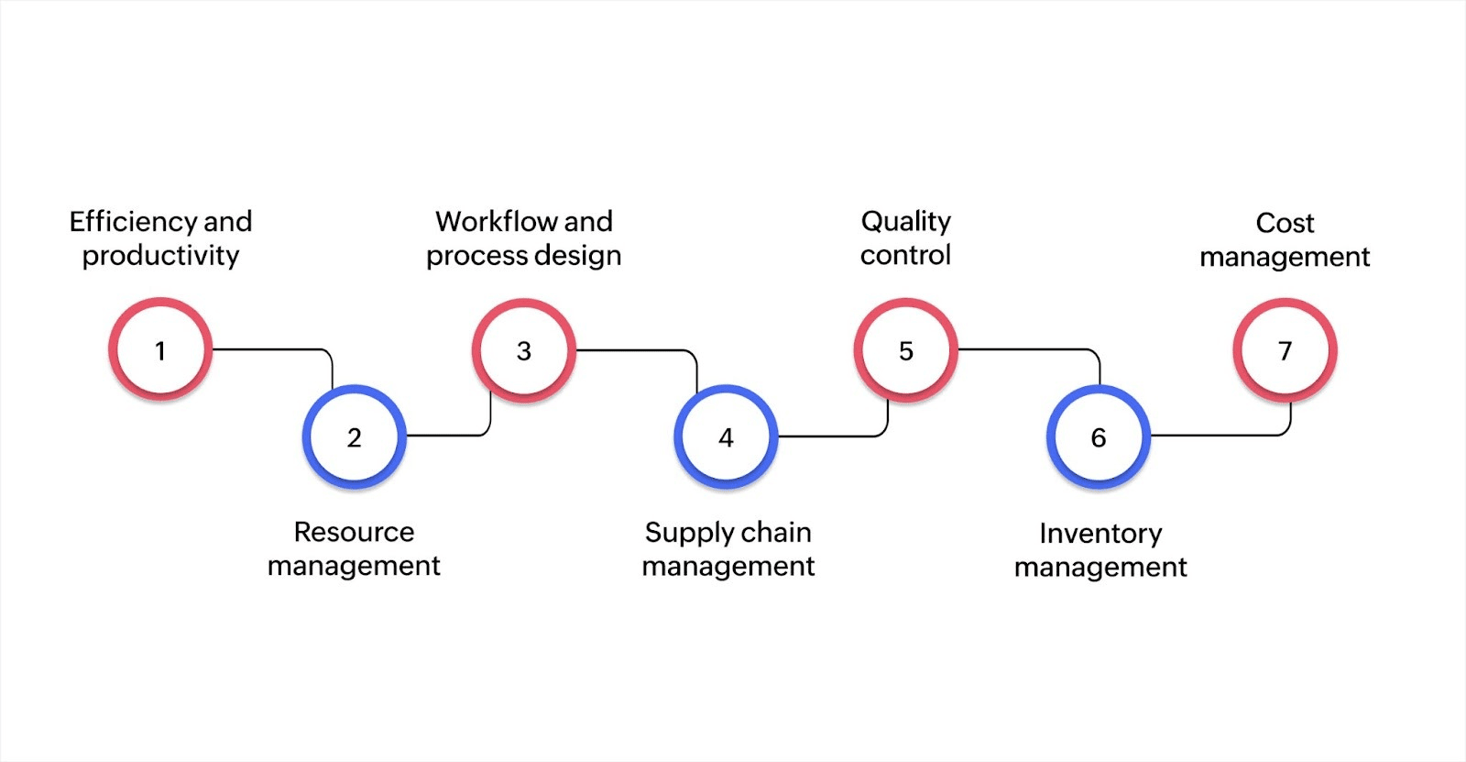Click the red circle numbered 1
[160, 349]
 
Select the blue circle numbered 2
[354, 436]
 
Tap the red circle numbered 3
[523, 350]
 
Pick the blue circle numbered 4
[726, 436]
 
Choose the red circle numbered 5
[905, 350]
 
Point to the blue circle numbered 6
[1098, 436]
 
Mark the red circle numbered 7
[1285, 350]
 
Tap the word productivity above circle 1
[160, 255]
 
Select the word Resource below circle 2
[354, 532]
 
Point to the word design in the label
[578, 255]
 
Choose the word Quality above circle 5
[905, 222]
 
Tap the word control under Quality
[905, 255]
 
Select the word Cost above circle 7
[1285, 223]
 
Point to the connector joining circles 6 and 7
[1219, 436]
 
